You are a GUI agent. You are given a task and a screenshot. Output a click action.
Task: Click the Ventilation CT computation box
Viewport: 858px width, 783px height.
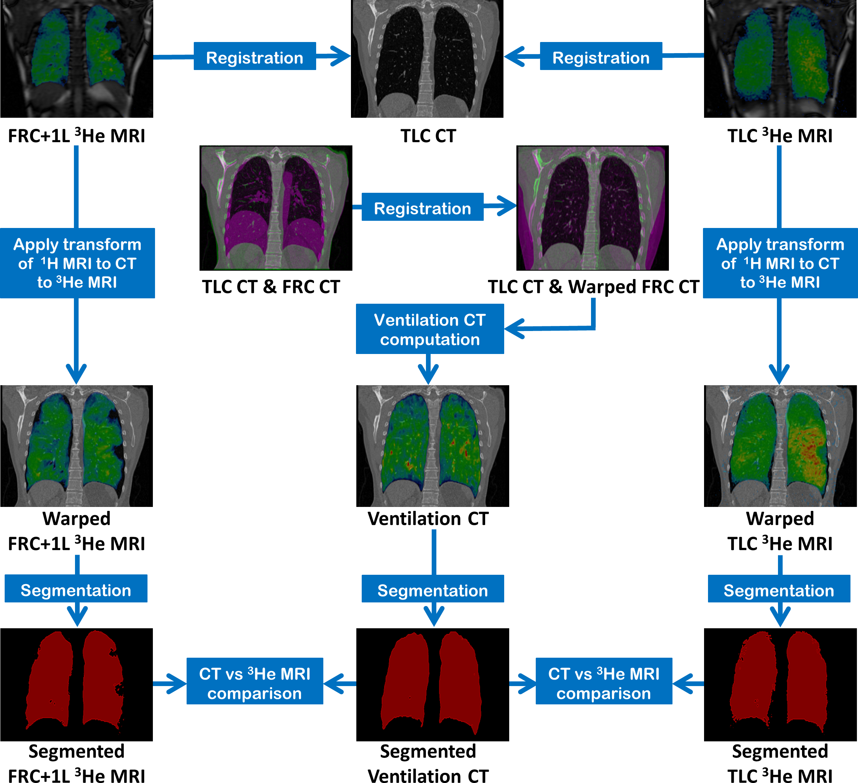point(430,329)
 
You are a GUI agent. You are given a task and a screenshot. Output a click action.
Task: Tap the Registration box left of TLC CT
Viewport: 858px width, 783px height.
point(254,56)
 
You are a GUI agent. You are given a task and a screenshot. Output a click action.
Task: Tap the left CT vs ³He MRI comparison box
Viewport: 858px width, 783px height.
point(254,681)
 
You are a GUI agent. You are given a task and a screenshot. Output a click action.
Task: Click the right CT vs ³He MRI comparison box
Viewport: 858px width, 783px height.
point(604,681)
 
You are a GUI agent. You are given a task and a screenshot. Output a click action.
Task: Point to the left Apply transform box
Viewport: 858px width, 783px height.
point(77,263)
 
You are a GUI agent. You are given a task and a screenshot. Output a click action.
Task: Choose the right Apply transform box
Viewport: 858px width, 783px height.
point(780,263)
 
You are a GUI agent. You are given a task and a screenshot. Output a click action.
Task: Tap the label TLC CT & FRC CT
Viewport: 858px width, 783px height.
point(271,287)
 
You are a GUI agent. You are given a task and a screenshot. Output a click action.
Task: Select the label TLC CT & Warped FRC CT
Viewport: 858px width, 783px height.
point(593,287)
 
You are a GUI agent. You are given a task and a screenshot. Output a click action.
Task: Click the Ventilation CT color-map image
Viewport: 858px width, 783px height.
point(432,446)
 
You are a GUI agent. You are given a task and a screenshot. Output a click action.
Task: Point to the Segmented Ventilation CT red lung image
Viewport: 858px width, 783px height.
point(432,684)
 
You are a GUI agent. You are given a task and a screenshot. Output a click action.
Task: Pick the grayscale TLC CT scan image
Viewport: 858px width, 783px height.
point(427,59)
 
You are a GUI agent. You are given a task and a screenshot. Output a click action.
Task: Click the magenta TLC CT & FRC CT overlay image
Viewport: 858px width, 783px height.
point(276,208)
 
